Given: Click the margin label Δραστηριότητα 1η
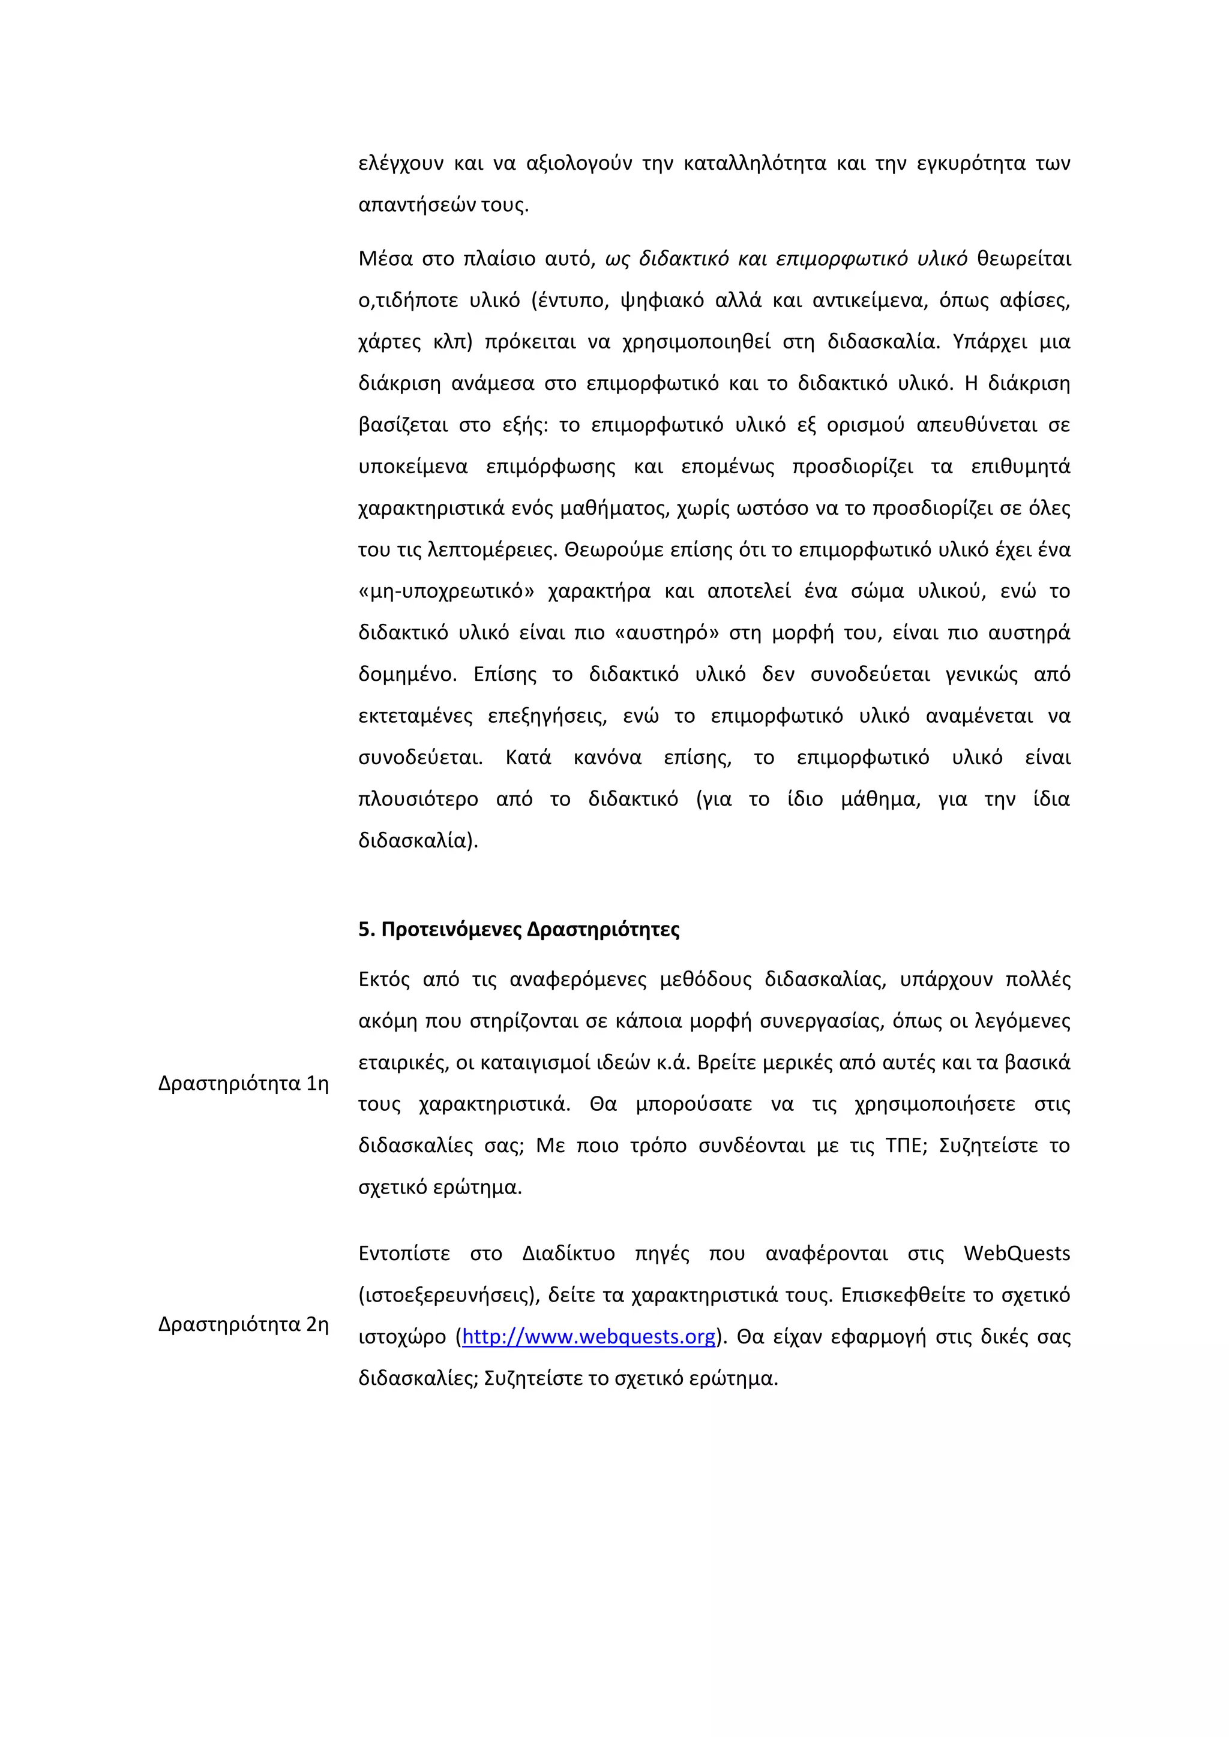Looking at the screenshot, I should click(243, 1083).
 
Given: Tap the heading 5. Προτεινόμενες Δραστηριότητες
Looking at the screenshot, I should click(518, 929).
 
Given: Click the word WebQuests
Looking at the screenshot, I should click(1017, 1253).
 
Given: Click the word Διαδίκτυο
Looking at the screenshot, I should click(568, 1253).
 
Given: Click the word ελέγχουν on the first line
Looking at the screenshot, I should click(400, 163).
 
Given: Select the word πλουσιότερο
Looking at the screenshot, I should click(418, 799).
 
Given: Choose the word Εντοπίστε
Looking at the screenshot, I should click(403, 1253).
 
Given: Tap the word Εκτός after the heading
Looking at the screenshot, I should click(383, 979).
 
